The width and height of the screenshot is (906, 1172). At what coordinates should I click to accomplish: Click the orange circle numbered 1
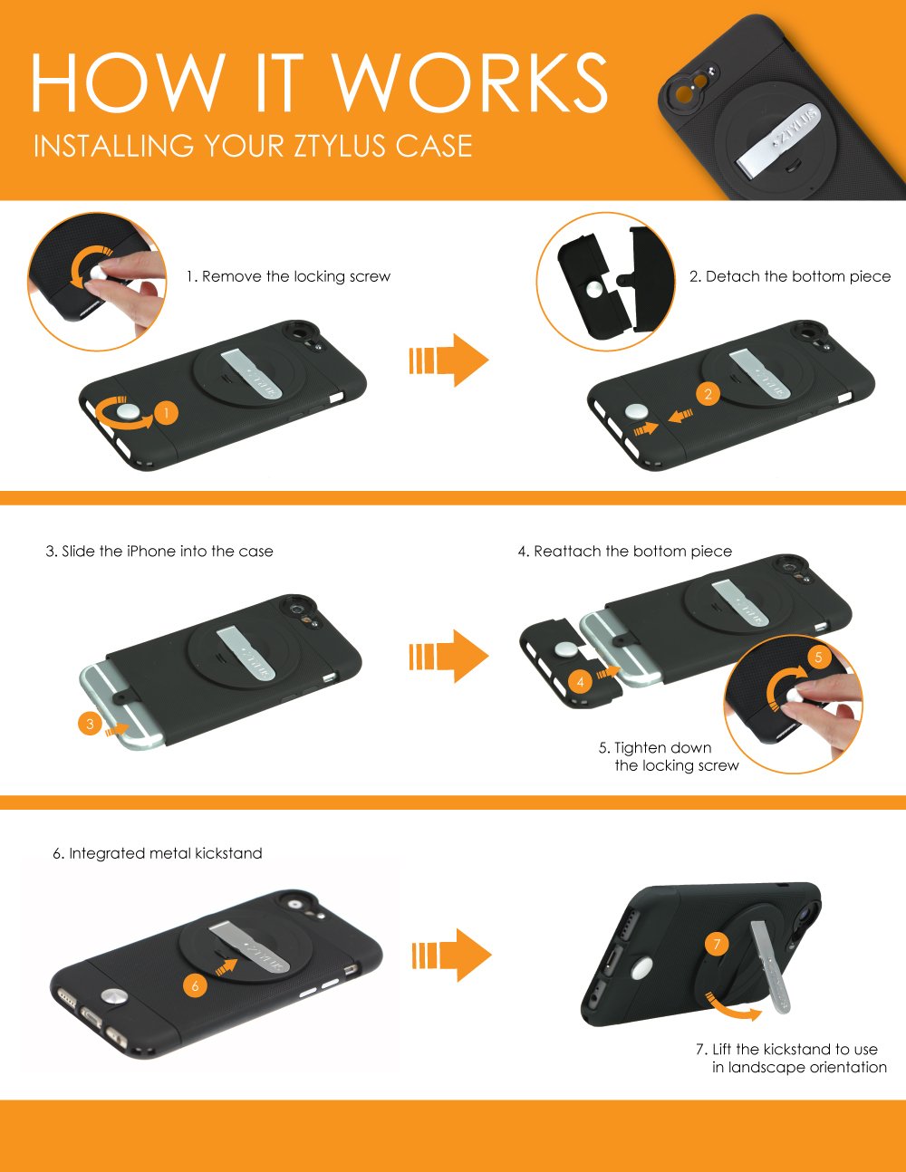tap(166, 413)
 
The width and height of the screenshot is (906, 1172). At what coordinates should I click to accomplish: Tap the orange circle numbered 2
tap(708, 394)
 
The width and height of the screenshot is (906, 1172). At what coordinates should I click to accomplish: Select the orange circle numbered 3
tap(90, 724)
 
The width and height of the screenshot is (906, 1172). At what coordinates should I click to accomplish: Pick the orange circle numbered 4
tap(580, 682)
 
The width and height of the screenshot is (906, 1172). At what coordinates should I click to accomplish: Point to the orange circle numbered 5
tap(819, 657)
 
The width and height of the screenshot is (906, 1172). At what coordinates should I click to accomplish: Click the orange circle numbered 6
tap(195, 986)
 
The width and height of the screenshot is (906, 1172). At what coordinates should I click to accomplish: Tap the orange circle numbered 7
tap(717, 944)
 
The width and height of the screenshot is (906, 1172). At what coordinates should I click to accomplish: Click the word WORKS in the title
tap(469, 82)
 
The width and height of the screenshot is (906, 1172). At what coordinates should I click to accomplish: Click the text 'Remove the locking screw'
tap(296, 276)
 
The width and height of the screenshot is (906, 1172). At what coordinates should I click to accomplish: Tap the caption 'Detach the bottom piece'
tap(798, 276)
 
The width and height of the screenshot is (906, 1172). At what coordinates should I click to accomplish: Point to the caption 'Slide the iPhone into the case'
tap(168, 552)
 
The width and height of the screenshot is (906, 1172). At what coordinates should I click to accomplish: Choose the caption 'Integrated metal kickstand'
tap(166, 853)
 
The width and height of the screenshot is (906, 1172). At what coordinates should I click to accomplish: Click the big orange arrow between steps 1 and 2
tap(448, 360)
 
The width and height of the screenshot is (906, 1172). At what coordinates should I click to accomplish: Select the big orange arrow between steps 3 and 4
tap(448, 657)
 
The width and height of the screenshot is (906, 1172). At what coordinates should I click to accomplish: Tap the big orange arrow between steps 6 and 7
tap(451, 956)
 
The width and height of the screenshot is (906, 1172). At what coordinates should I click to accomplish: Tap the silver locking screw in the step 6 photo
tap(114, 997)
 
